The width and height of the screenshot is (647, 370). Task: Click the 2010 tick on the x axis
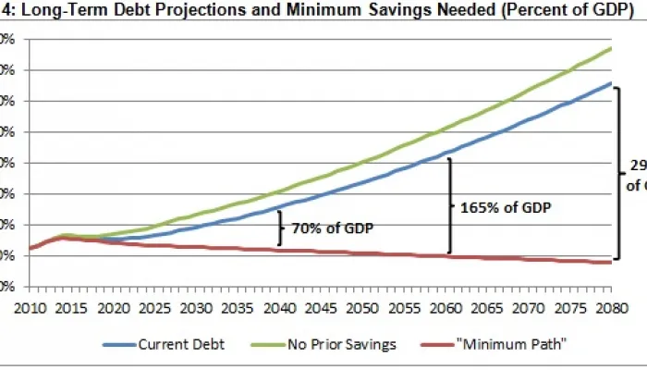(31, 306)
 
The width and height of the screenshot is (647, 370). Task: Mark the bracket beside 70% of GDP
(280, 228)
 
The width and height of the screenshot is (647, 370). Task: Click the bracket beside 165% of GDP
(450, 205)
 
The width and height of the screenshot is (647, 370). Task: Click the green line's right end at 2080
(611, 48)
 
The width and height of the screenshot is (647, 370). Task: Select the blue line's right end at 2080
(611, 83)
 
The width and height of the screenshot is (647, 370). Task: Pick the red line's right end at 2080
(611, 262)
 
